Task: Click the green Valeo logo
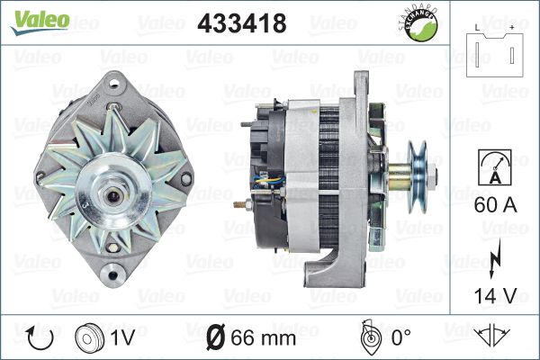tap(40, 22)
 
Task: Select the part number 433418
tap(242, 23)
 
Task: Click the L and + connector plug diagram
tap(495, 51)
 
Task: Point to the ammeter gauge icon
tap(495, 167)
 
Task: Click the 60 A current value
tap(496, 205)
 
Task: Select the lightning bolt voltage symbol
tap(494, 258)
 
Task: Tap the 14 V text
tap(496, 295)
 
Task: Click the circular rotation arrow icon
tap(40, 338)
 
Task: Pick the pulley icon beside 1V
tap(89, 338)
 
